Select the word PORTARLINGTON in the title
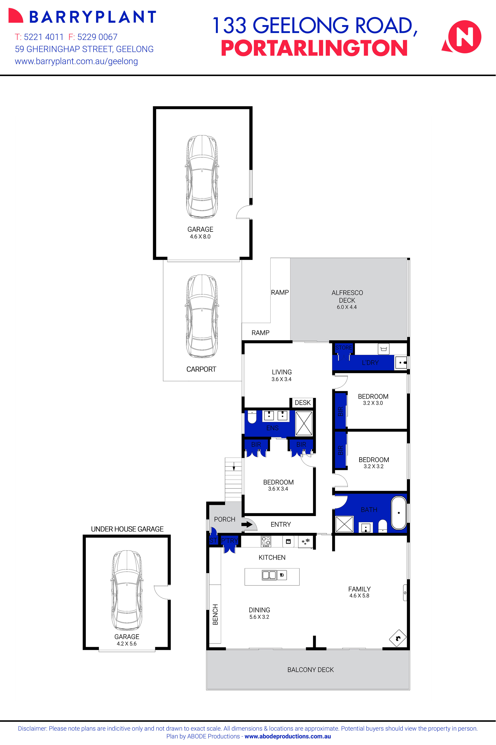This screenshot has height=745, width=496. (x=314, y=48)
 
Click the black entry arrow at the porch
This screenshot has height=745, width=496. (x=247, y=524)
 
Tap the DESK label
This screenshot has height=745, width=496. (x=303, y=403)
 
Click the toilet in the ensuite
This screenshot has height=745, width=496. (x=252, y=418)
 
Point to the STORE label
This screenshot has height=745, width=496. (x=344, y=347)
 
